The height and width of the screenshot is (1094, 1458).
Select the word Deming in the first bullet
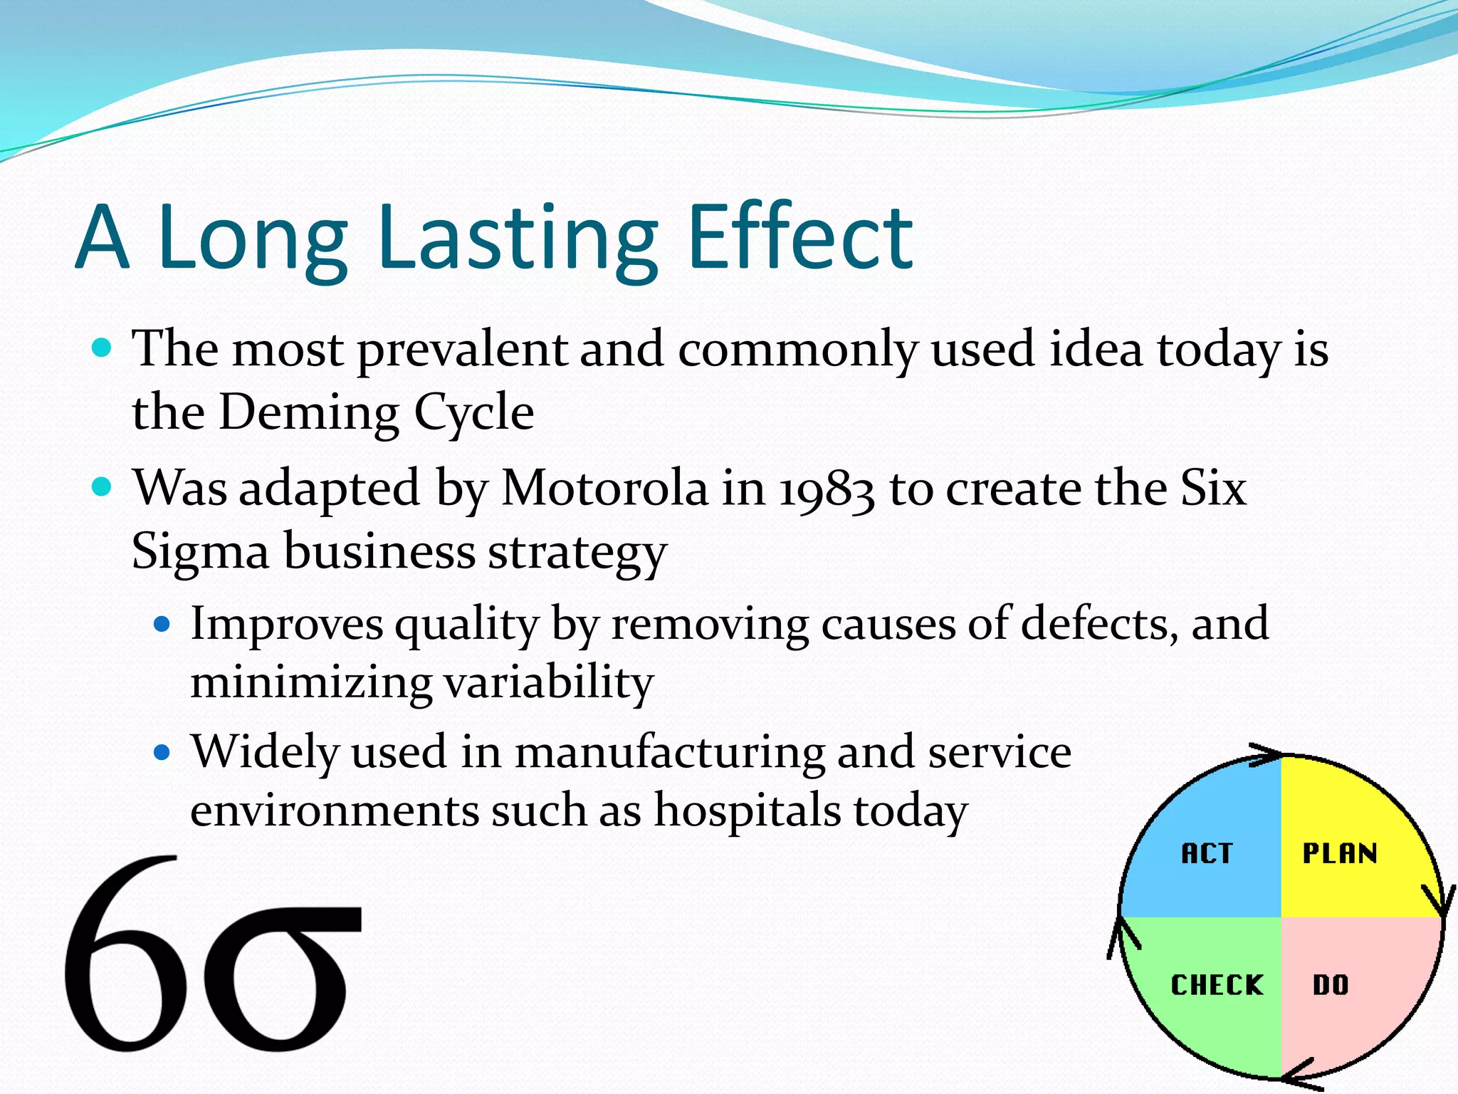point(308,412)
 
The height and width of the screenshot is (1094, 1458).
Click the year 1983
point(826,490)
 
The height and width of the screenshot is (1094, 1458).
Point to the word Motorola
point(605,489)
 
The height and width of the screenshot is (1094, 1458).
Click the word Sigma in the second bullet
point(200,553)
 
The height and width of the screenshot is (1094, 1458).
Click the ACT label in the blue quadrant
point(1207,853)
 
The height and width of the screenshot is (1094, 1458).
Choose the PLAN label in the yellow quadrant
point(1340,853)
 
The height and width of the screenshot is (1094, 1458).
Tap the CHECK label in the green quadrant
point(1217,985)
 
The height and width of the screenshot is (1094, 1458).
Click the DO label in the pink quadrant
point(1331,985)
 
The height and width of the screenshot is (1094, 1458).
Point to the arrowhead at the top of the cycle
point(1266,755)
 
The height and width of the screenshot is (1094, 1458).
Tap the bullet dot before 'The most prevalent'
point(103,348)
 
